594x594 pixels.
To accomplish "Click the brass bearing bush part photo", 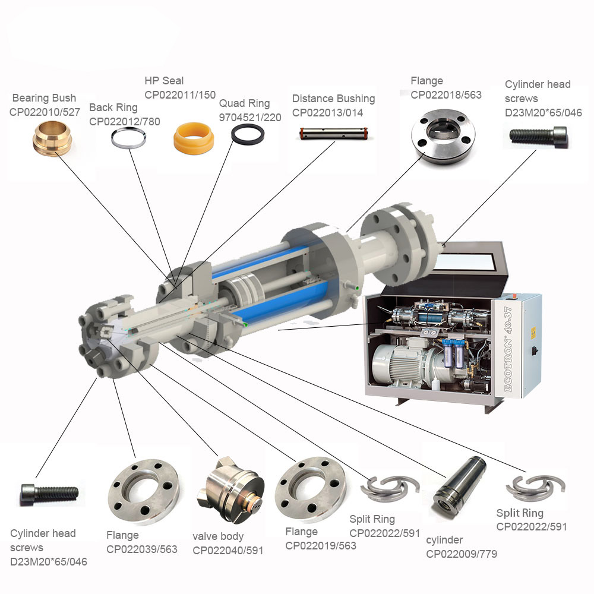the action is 52,138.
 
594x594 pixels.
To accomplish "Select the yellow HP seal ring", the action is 194,138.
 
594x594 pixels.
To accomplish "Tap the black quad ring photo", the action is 248,134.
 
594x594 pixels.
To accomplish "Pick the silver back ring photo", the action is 128,138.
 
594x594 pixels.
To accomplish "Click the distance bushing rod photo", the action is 333,133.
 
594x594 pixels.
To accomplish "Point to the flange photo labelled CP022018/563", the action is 443,137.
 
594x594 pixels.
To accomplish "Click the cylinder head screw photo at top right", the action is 538,135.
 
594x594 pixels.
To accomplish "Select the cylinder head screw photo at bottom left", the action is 50,493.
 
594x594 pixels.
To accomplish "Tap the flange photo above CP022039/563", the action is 143,491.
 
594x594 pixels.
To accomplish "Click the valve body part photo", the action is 230,489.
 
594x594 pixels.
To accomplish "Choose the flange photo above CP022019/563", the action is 310,489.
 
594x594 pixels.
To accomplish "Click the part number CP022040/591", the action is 228,551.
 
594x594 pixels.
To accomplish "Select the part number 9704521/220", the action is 250,118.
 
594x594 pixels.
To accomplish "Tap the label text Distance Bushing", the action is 333,99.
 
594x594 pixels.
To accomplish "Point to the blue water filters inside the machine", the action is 453,354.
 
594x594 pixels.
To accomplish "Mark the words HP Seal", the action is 164,81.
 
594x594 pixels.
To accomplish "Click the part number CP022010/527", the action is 45,112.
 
